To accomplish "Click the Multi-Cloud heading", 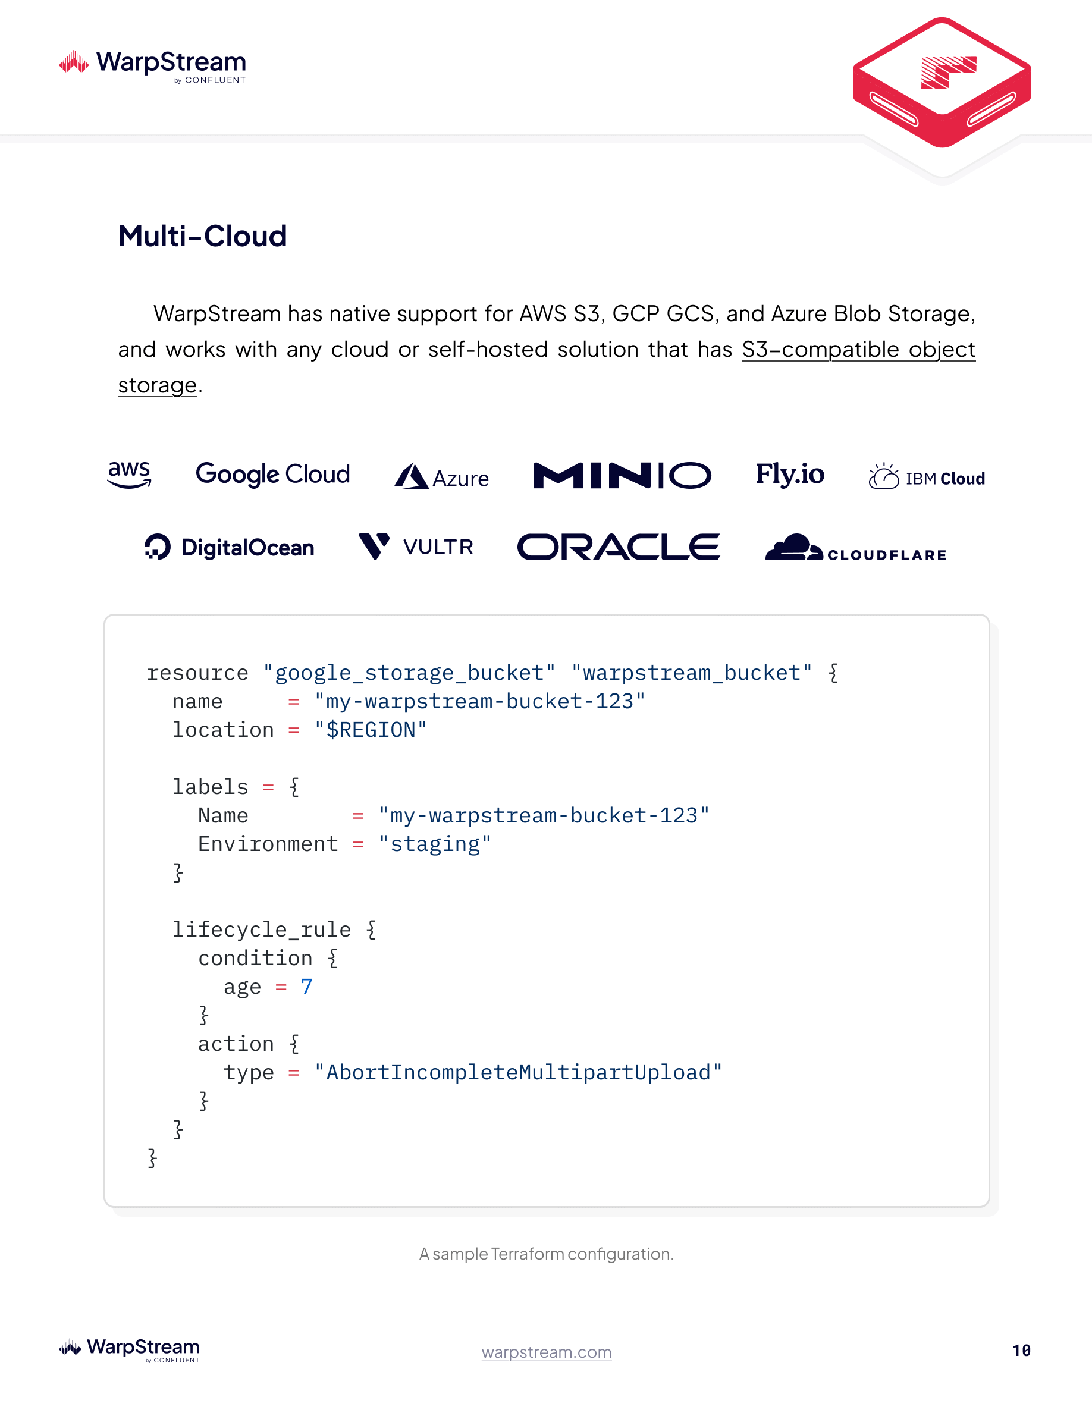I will (x=202, y=236).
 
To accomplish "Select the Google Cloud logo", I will (x=272, y=474).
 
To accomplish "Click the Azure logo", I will (x=442, y=477).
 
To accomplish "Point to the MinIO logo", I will (x=622, y=476).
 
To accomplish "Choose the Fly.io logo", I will (x=790, y=474).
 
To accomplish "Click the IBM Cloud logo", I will (x=927, y=478).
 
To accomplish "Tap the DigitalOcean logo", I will (x=230, y=547).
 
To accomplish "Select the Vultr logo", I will (x=416, y=547).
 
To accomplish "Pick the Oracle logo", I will (x=619, y=547).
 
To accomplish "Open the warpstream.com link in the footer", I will (x=546, y=1352).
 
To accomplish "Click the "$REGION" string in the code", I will (x=370, y=730).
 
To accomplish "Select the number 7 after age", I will (x=306, y=987).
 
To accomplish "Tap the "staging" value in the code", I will (x=435, y=844).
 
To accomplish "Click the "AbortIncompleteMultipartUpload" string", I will (x=517, y=1073).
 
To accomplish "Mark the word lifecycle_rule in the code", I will (x=261, y=930).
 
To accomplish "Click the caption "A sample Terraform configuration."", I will (x=546, y=1254).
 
